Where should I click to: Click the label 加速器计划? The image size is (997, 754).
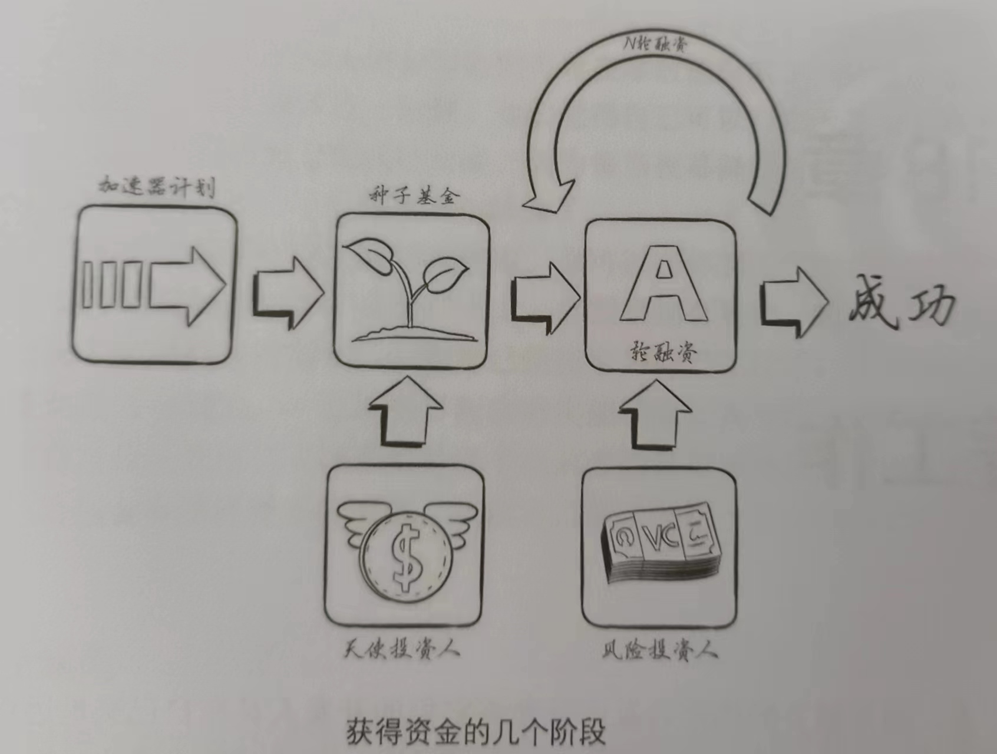pos(156,187)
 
